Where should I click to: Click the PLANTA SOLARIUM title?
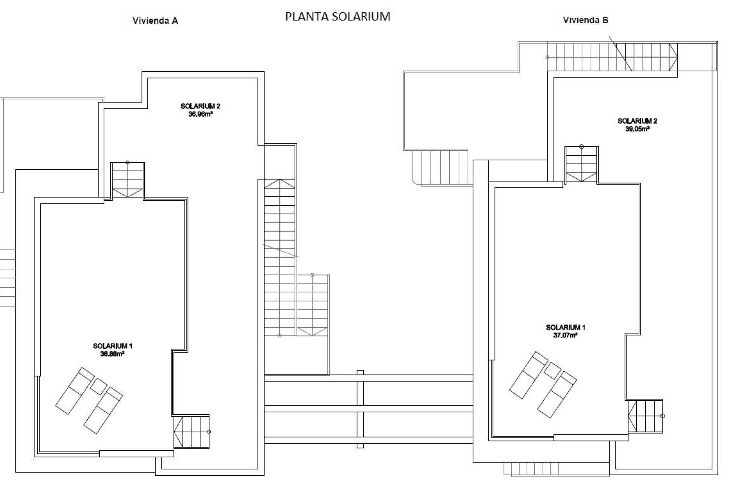[x=338, y=16]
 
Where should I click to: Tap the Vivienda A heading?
[x=155, y=21]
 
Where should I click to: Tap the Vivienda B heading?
[x=586, y=20]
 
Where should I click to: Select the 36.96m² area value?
[x=200, y=115]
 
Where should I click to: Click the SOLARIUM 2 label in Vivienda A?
[x=200, y=106]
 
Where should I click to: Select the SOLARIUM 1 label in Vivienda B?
[x=565, y=327]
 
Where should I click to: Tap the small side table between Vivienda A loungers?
[x=99, y=386]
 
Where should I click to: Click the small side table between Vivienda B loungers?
[x=553, y=370]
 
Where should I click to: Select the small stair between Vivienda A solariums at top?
[x=128, y=181]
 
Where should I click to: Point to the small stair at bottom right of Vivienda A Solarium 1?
[x=191, y=431]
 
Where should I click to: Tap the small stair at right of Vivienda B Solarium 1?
[x=645, y=416]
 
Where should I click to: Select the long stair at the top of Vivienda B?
[x=612, y=57]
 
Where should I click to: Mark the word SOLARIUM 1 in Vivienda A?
[x=112, y=346]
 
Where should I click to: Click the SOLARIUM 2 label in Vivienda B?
[x=637, y=121]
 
